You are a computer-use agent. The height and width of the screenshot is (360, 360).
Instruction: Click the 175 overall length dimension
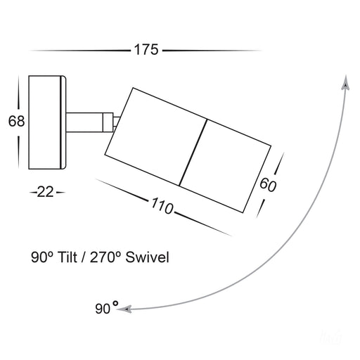[146, 50]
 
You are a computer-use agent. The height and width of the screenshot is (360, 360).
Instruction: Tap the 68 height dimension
[16, 121]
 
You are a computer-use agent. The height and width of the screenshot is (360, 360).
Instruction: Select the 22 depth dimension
[46, 192]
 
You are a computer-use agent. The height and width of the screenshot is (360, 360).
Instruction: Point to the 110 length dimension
[162, 205]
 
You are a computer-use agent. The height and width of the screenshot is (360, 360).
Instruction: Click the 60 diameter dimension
[268, 185]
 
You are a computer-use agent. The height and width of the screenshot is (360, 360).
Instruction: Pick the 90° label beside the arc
[107, 307]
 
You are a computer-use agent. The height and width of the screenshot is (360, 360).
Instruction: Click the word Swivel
[147, 257]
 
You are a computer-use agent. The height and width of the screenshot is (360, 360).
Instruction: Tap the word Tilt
[67, 257]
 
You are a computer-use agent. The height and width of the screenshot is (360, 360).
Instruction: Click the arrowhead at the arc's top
[345, 82]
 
